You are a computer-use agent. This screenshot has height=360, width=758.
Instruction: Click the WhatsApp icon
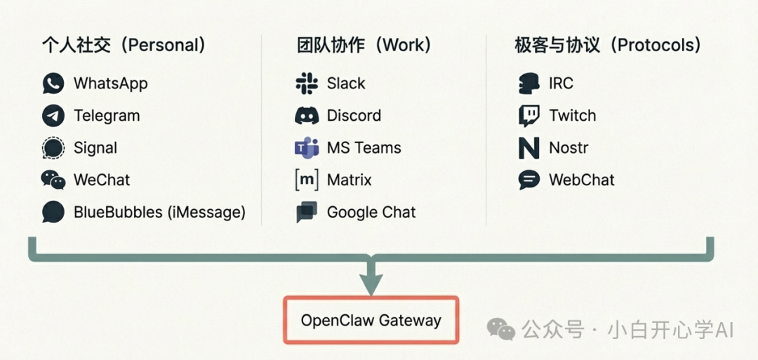[x=53, y=84]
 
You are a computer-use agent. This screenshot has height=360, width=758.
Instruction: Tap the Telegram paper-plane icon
[x=53, y=116]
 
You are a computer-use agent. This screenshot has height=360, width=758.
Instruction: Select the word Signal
[x=95, y=148]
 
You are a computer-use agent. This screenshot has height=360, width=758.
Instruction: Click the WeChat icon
[x=53, y=180]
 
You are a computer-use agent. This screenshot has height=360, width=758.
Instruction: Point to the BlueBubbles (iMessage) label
[x=159, y=212]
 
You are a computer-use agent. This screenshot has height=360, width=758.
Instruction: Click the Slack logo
[x=307, y=84]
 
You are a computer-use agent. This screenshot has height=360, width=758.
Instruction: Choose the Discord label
[x=354, y=116]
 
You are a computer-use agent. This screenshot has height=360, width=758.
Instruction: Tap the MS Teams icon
[x=307, y=148]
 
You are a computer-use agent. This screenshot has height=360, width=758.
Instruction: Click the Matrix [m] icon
[x=307, y=180]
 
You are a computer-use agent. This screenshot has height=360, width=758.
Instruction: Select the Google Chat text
[x=371, y=212]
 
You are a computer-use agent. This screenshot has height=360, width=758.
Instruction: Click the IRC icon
[x=528, y=84]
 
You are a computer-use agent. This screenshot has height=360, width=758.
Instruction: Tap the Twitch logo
[x=528, y=116]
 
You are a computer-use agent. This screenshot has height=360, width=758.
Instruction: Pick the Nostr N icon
[x=528, y=148]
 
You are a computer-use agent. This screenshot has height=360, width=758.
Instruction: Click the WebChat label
[x=581, y=180]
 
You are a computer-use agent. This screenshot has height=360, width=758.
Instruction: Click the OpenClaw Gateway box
[x=371, y=321]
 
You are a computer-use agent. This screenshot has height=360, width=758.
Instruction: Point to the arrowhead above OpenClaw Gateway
[x=371, y=284]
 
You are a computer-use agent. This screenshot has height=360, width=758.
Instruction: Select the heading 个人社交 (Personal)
[x=124, y=46]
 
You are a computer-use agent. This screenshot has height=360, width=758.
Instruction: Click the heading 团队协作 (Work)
[x=364, y=46]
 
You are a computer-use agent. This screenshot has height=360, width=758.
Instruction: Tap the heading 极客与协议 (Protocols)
[x=608, y=46]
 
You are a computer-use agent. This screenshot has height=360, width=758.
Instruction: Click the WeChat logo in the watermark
[x=501, y=328]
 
